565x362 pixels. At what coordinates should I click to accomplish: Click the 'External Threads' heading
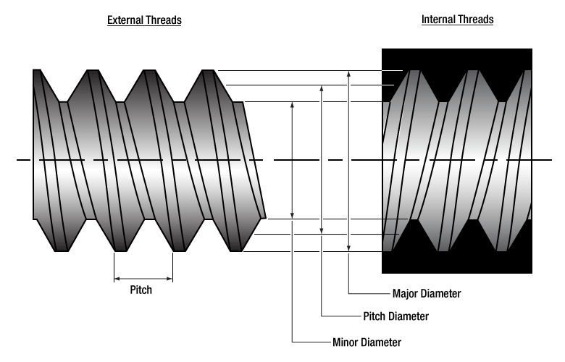144,20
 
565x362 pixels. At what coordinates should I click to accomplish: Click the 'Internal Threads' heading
457,20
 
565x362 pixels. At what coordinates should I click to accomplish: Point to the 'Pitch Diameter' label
395,316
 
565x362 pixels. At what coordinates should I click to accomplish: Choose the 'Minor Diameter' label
367,342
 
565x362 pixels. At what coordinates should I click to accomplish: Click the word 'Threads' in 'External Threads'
164,20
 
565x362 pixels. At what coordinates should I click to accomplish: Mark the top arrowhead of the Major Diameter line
349,73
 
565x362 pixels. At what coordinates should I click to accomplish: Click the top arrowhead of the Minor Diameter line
292,104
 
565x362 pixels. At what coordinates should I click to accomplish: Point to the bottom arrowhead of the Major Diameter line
349,249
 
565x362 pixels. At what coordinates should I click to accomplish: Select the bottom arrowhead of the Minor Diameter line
292,215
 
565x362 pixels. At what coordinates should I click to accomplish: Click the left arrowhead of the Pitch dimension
117,277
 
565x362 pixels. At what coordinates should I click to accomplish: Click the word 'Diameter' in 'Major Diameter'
443,293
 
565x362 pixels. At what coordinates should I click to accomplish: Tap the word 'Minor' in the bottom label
346,342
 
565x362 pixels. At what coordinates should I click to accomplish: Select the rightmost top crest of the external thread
208,70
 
